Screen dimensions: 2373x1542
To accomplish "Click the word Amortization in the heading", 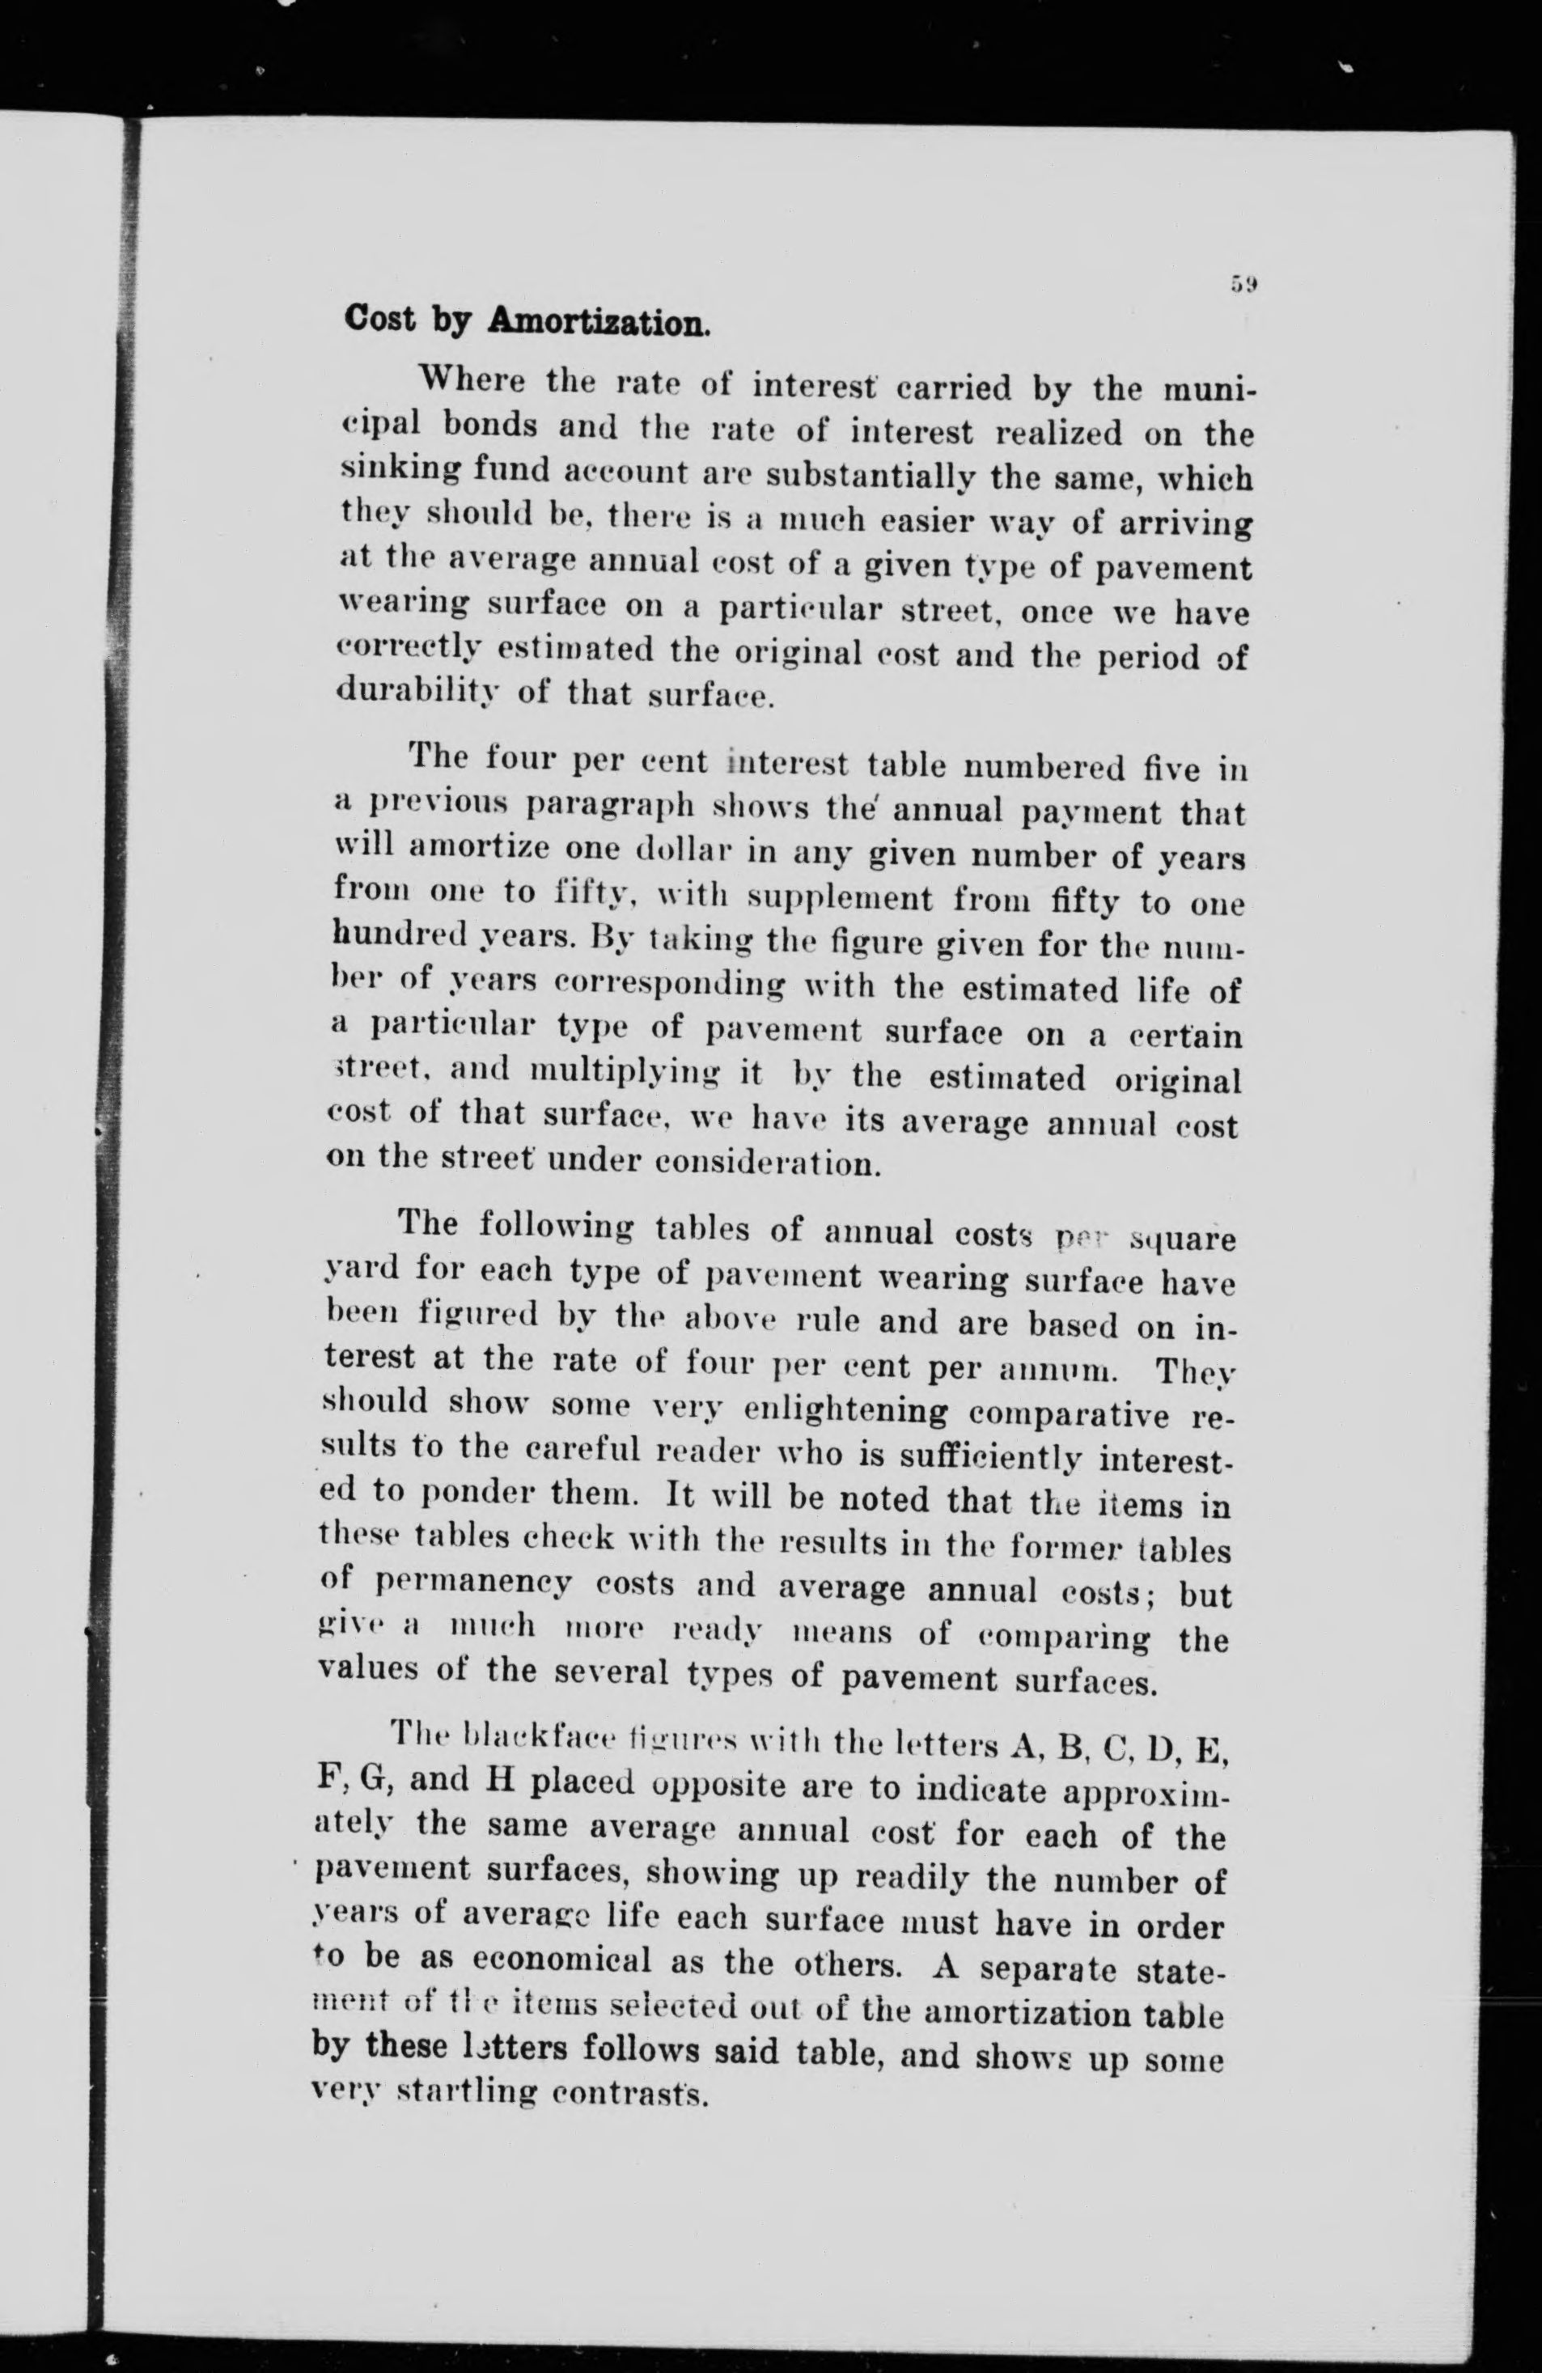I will tap(598, 321).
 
